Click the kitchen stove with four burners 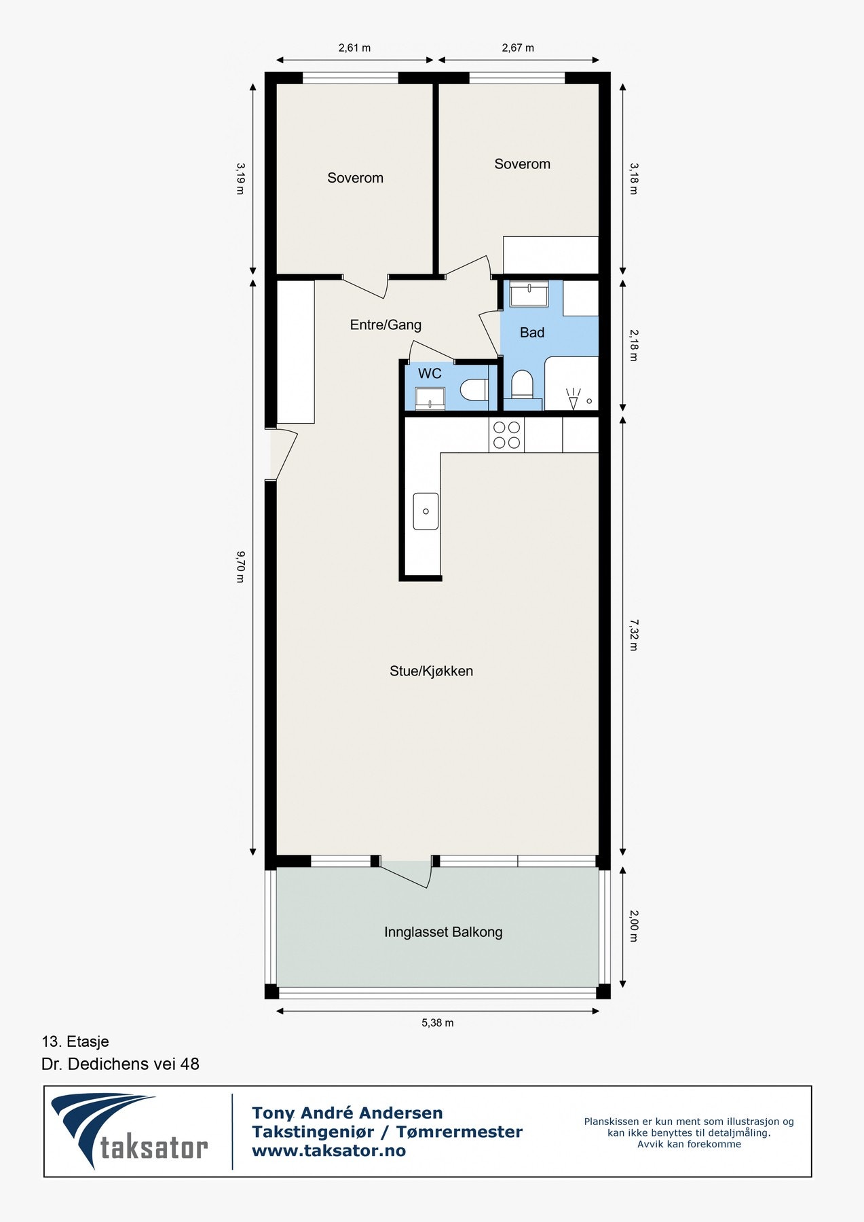click(506, 435)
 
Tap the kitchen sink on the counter click(426, 511)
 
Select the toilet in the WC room click(474, 390)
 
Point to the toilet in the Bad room click(522, 384)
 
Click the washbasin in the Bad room click(529, 295)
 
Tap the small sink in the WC click(430, 399)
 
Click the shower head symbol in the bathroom click(574, 399)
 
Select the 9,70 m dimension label click(240, 567)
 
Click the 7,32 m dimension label click(633, 634)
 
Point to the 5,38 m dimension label click(437, 1022)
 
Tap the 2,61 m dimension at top click(354, 48)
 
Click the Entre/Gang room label click(386, 325)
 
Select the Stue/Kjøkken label click(431, 671)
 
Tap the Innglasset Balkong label click(443, 932)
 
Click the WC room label click(430, 373)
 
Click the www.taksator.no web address click(328, 1151)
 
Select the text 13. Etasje click(75, 1041)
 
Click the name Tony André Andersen click(348, 1113)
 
